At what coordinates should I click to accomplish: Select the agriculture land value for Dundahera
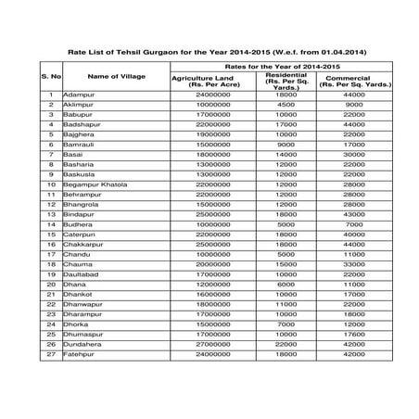coord(212,344)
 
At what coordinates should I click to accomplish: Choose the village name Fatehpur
coord(80,354)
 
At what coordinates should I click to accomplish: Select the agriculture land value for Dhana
coord(212,285)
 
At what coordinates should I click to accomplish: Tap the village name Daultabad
coord(83,274)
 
